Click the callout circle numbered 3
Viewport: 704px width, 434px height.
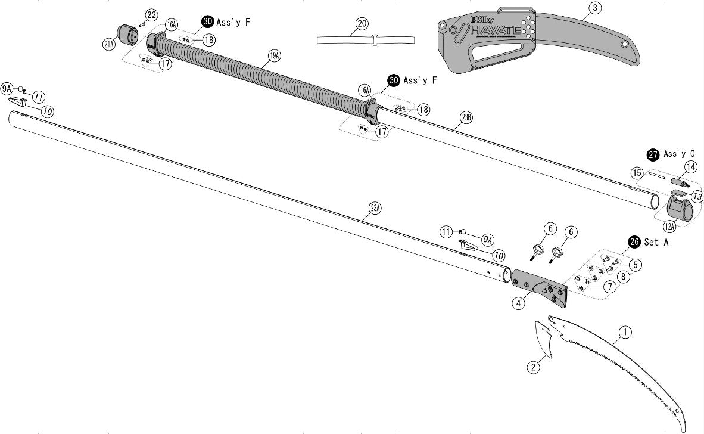point(595,8)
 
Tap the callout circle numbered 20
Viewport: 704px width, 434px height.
point(362,23)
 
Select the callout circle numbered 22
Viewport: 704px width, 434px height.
point(151,14)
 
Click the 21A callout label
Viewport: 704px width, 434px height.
point(109,44)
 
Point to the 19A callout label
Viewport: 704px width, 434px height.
point(274,55)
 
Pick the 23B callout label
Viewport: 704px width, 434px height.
point(466,117)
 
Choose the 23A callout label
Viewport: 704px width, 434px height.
point(375,208)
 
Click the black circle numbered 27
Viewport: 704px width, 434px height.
point(653,154)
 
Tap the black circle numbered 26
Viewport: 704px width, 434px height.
point(634,242)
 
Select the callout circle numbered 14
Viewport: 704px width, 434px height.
point(690,166)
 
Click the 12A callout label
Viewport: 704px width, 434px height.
point(669,227)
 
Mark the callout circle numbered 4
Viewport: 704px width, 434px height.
point(519,303)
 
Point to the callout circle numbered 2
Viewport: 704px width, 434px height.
point(534,367)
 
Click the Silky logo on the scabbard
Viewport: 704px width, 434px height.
point(480,18)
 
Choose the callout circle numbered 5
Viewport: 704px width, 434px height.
point(636,264)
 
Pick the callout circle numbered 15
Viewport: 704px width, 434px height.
point(637,173)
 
